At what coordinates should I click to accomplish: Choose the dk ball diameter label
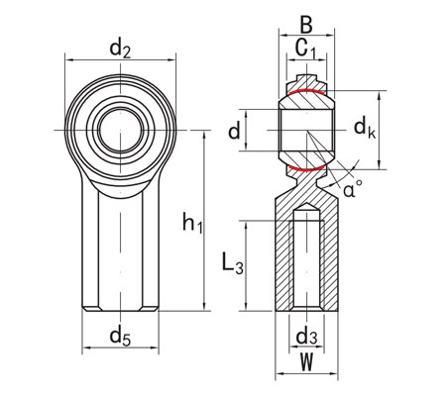[365, 127]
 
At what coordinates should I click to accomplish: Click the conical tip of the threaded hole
[309, 210]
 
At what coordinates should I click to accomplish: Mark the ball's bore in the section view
[309, 131]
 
